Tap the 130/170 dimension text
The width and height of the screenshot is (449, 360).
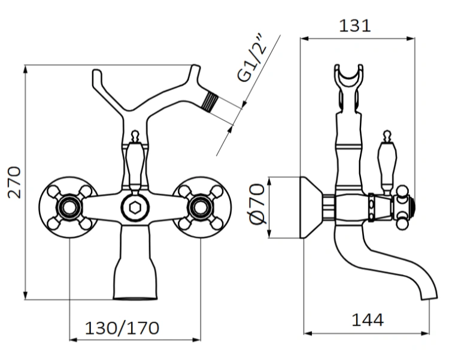(x=123, y=328)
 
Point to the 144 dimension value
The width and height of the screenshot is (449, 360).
(x=366, y=320)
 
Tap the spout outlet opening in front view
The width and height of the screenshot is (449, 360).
(x=135, y=297)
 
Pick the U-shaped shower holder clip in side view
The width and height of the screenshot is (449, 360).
(x=348, y=84)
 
